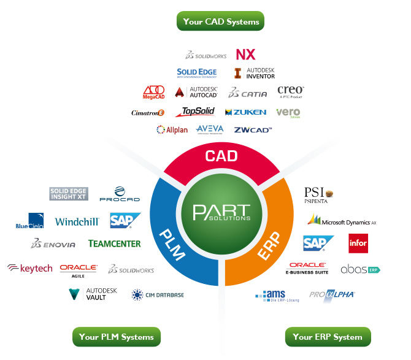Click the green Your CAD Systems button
[x=221, y=21]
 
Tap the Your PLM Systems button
[x=116, y=337]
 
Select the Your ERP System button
[x=328, y=337]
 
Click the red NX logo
[x=245, y=55]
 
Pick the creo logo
[x=291, y=92]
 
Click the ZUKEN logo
[x=245, y=112]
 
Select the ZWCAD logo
[x=253, y=129]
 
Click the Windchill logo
[x=77, y=221]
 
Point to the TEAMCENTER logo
[x=114, y=243]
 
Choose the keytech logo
[x=30, y=268]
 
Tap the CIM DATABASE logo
[x=157, y=295]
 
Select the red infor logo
[x=358, y=243]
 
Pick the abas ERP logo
[x=360, y=269]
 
